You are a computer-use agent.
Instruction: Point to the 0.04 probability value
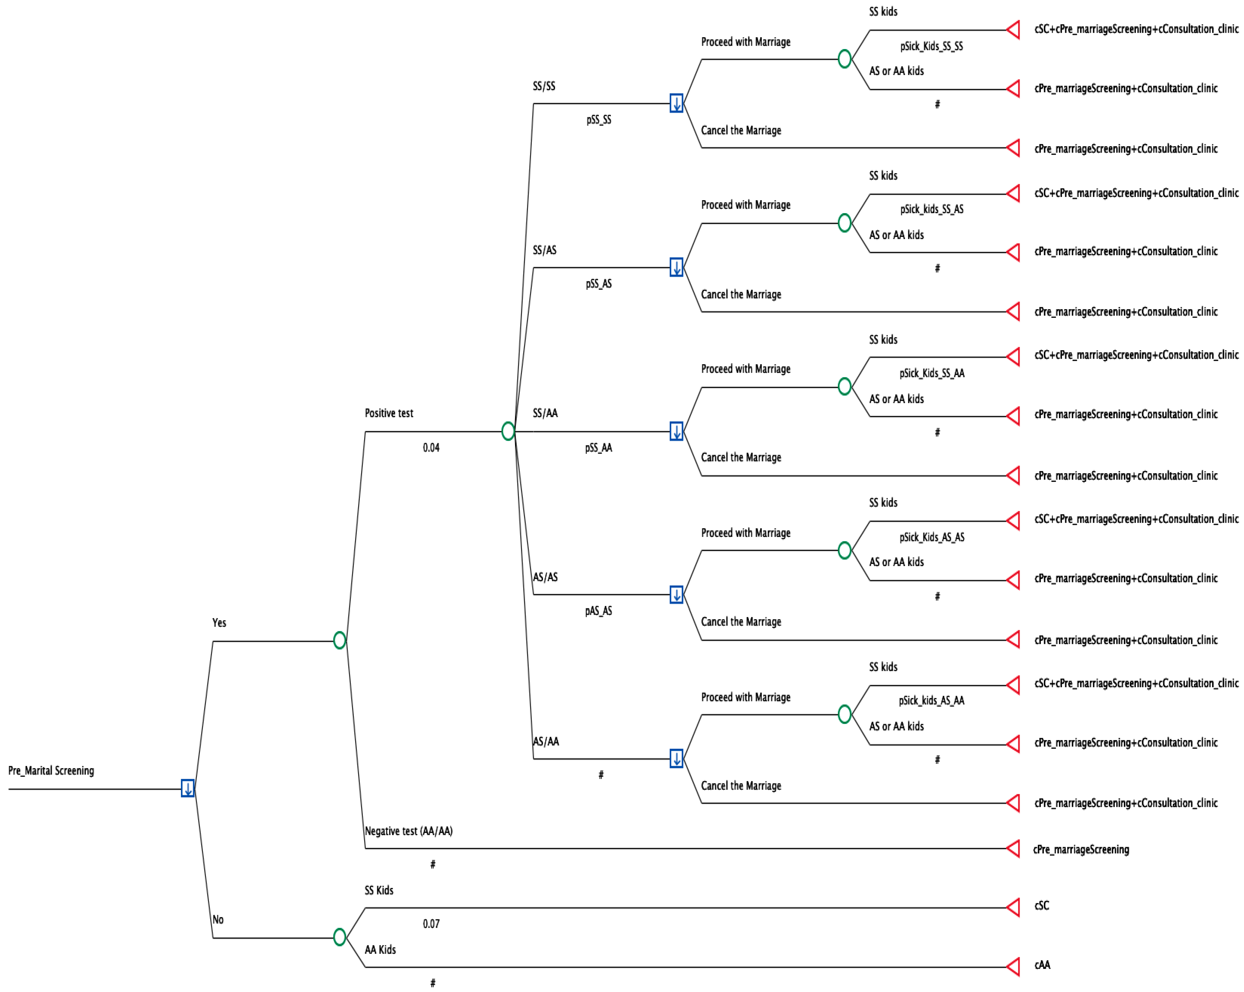pyautogui.click(x=431, y=447)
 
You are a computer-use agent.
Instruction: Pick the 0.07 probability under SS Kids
pyautogui.click(x=431, y=923)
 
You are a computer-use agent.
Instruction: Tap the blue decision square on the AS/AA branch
pyautogui.click(x=676, y=758)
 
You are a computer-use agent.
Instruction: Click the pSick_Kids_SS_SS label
pyautogui.click(x=931, y=46)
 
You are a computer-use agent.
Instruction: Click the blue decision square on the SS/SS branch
pyautogui.click(x=676, y=103)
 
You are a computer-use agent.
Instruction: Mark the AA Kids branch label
pyautogui.click(x=380, y=949)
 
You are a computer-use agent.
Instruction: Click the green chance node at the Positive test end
pyautogui.click(x=508, y=431)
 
